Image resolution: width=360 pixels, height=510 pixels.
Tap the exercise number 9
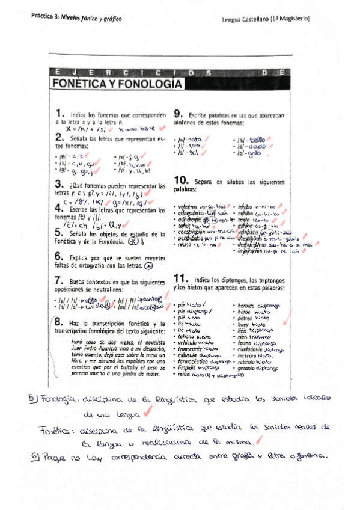click(178, 113)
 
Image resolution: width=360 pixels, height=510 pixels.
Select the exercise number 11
click(180, 278)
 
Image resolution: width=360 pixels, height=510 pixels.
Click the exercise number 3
click(59, 184)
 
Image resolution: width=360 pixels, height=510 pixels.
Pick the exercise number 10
click(181, 180)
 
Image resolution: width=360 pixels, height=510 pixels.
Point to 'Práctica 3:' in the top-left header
click(44, 19)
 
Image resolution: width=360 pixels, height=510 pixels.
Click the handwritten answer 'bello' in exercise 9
click(258, 139)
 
